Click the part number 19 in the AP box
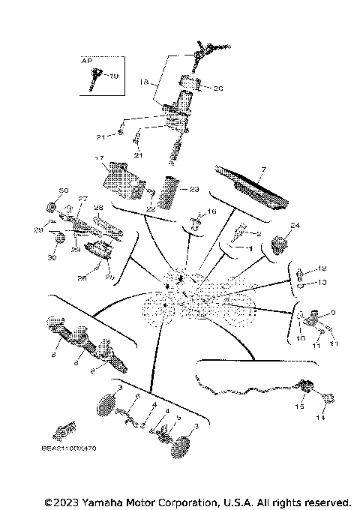tap(115, 76)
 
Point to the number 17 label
tap(98, 158)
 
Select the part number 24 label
tap(295, 225)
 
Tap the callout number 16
tap(212, 213)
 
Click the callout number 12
tap(324, 268)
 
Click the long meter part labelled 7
tap(251, 189)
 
